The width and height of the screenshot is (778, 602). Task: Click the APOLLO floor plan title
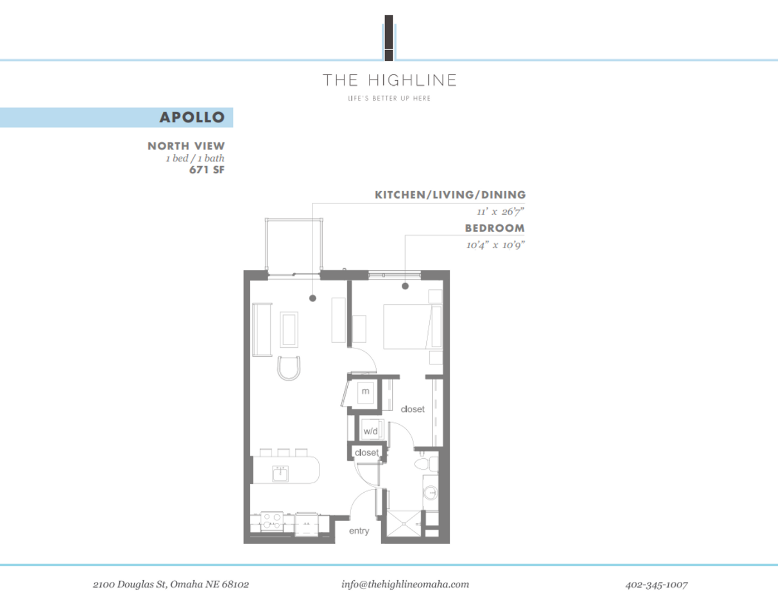point(192,117)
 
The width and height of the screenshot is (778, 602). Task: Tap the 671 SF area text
point(207,170)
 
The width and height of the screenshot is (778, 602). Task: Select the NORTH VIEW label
point(186,146)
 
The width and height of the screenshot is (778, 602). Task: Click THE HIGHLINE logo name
point(390,80)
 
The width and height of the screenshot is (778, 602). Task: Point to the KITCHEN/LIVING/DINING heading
point(450,195)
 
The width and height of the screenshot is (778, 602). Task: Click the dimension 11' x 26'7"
point(500,212)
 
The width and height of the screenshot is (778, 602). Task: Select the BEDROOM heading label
point(494,228)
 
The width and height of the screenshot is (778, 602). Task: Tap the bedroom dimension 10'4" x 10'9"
point(495,245)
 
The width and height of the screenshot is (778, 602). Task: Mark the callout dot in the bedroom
point(405,286)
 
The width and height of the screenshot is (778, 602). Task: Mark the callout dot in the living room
point(313,298)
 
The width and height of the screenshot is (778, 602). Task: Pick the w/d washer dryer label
point(371,431)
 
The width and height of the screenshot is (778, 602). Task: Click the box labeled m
point(365,391)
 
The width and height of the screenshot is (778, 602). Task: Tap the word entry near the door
point(359,531)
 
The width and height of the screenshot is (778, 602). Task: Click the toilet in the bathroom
point(422,464)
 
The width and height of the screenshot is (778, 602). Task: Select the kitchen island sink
point(280,474)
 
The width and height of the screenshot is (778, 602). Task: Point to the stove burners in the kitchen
point(272,522)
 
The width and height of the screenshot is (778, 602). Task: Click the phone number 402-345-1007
point(656,585)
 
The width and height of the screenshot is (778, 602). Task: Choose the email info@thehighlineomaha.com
point(405,584)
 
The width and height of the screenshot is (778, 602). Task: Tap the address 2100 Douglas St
point(171,585)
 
